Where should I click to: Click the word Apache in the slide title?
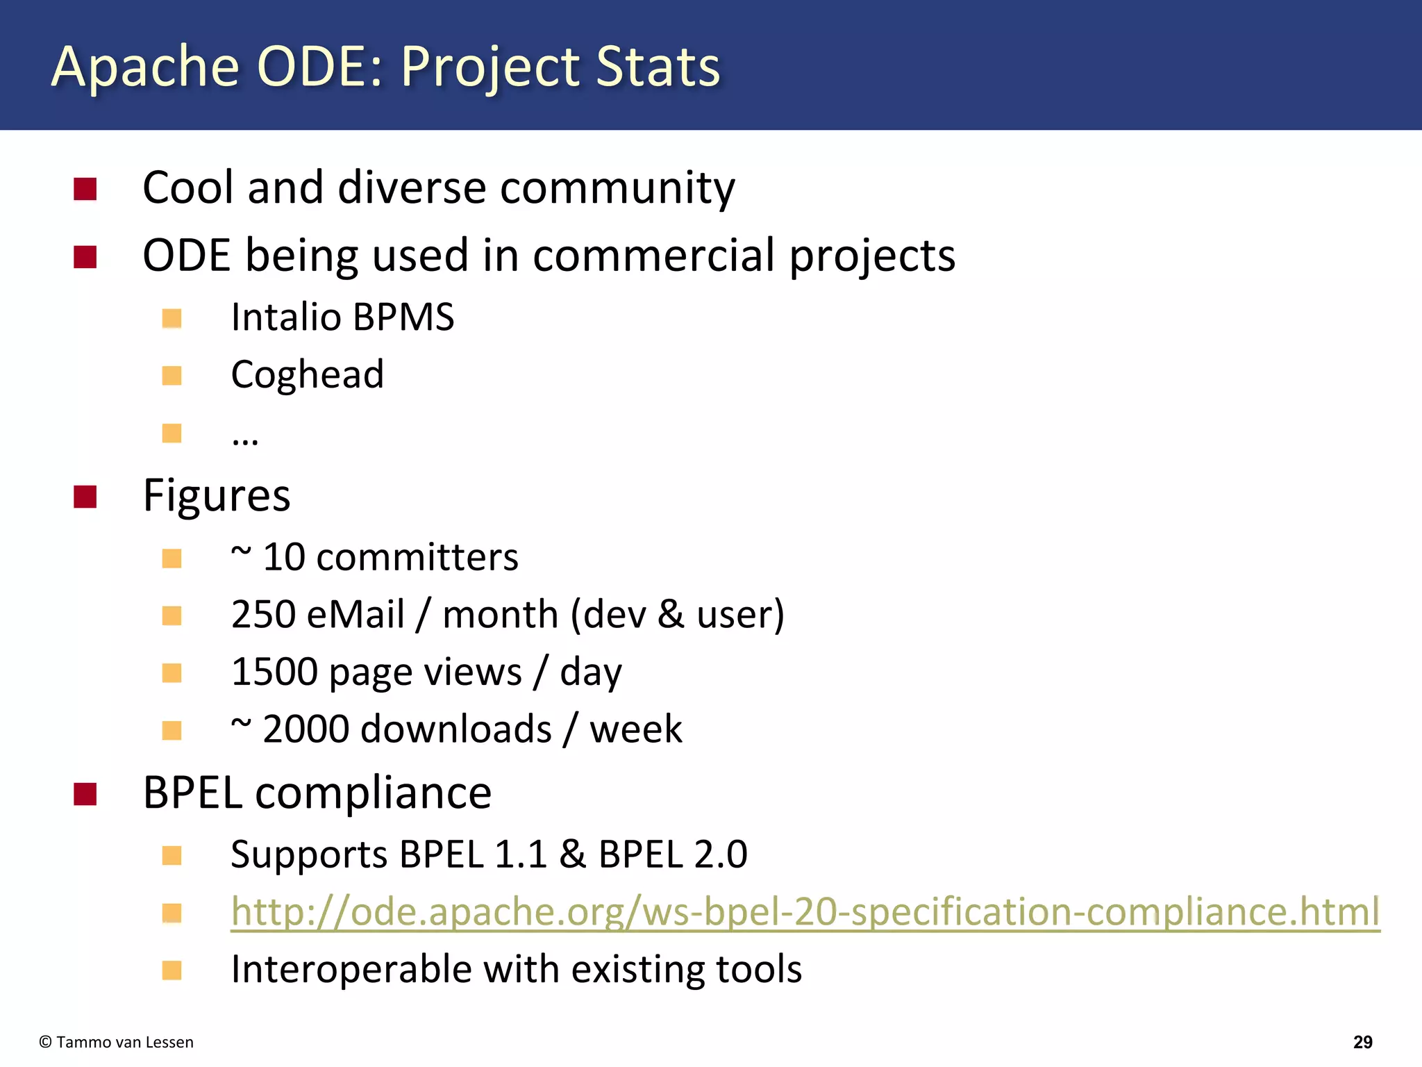[x=145, y=67]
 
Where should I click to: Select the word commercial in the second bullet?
[x=653, y=255]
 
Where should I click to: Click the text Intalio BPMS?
[x=342, y=317]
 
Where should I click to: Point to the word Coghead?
[x=307, y=375]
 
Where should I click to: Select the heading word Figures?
[x=216, y=496]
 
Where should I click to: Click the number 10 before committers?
[x=284, y=557]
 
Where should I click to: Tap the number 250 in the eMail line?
[x=263, y=615]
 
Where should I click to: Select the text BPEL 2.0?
[x=672, y=854]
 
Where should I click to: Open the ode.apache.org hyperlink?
[x=805, y=911]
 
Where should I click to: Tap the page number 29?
[x=1362, y=1042]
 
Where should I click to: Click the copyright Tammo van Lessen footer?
[x=117, y=1042]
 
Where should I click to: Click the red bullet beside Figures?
[x=85, y=497]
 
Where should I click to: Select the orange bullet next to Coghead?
[x=172, y=376]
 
